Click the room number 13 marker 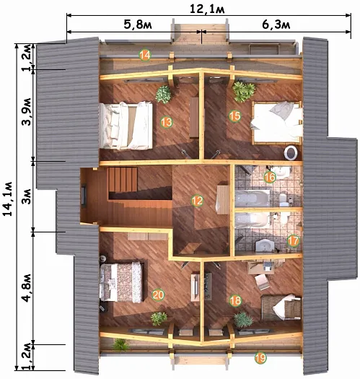[x=166, y=122]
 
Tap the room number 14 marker [x=145, y=56]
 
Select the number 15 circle [x=234, y=116]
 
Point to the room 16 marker [x=270, y=177]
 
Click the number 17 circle [x=294, y=240]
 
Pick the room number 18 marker [x=235, y=300]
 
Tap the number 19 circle [x=260, y=358]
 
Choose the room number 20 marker [x=158, y=295]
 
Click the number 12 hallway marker [x=197, y=201]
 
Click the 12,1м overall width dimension [x=207, y=9]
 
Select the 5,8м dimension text [x=138, y=24]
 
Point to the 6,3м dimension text [x=276, y=24]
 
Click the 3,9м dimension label [x=27, y=111]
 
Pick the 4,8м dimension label [x=27, y=288]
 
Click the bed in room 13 [x=126, y=126]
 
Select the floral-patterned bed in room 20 [x=121, y=282]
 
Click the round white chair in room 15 [x=291, y=152]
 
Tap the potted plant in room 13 [x=164, y=95]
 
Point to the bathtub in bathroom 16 [x=253, y=199]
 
